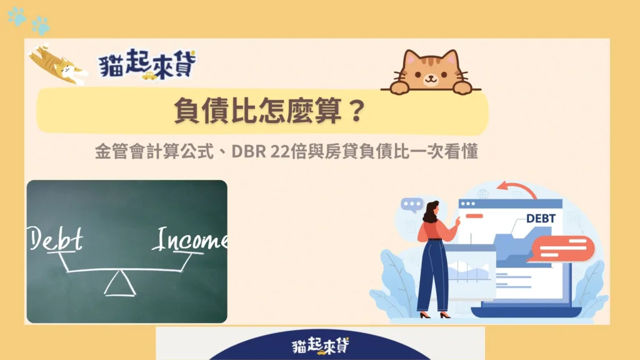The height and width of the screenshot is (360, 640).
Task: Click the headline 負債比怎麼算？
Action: click(270, 110)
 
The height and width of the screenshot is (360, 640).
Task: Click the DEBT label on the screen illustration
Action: click(541, 219)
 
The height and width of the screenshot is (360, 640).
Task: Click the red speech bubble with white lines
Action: click(562, 249)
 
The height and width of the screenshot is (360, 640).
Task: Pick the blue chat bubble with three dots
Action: click(412, 204)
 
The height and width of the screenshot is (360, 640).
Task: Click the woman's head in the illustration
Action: click(432, 210)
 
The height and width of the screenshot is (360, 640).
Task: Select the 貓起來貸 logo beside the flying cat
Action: click(147, 64)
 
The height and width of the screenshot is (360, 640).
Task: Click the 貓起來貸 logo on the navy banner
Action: click(321, 346)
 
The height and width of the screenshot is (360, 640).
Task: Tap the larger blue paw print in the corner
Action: click(41, 25)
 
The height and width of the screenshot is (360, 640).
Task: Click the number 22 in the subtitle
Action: click(279, 151)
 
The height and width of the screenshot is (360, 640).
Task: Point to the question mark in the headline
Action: click(357, 110)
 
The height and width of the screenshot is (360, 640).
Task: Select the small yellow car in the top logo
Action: click(149, 76)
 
